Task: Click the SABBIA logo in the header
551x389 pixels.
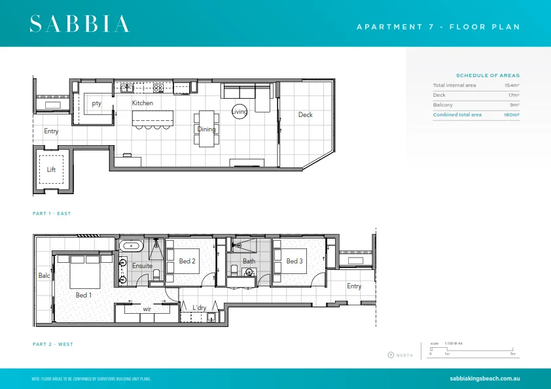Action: coord(79,24)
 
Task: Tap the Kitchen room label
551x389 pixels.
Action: coord(143,103)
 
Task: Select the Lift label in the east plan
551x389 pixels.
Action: coord(51,169)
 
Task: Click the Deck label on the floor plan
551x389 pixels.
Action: coord(305,115)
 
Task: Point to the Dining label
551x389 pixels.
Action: coord(206,129)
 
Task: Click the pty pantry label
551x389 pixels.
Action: coord(96,103)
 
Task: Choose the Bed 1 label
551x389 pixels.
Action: coord(84,295)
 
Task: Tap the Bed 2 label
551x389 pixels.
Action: coord(187,262)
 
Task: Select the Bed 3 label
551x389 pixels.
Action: coord(294,262)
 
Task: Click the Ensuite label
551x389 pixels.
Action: coord(142,266)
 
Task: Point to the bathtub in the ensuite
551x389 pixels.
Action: coord(130,246)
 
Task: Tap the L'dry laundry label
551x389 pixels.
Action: coord(200,308)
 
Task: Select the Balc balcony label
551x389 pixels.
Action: coord(44,276)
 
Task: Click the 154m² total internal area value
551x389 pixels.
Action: coord(511,86)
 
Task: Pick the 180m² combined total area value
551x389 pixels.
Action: coord(511,115)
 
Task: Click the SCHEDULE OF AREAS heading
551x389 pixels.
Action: coord(488,75)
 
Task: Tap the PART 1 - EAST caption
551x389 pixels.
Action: coord(52,214)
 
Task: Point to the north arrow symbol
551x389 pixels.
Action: coord(391,355)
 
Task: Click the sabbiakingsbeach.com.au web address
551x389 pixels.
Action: coord(485,379)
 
